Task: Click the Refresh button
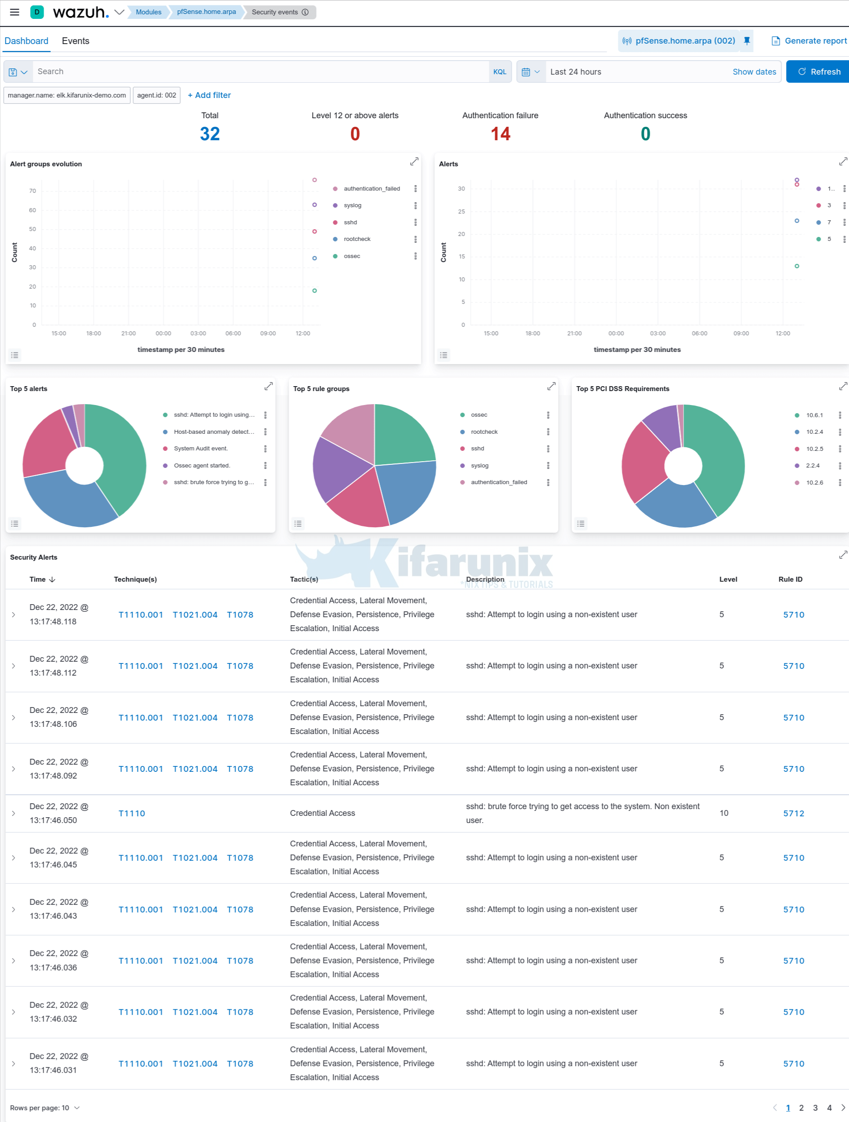[x=818, y=71]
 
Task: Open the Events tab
[x=76, y=41]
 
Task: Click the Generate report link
[x=809, y=41]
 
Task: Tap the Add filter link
[x=209, y=95]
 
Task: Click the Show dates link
[x=754, y=72]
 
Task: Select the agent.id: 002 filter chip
[x=156, y=95]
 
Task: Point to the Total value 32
[x=210, y=134]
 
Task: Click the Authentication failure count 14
[x=500, y=134]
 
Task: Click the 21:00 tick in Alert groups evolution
[x=129, y=333]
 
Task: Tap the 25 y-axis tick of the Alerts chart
[x=461, y=212]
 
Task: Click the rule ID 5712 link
[x=793, y=814]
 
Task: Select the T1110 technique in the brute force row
[x=132, y=814]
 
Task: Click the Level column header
[x=728, y=579]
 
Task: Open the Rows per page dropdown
[x=45, y=1108]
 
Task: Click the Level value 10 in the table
[x=724, y=813]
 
